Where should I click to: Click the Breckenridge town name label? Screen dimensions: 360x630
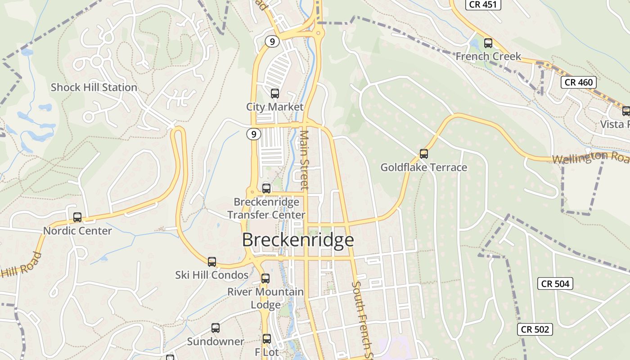[298, 240]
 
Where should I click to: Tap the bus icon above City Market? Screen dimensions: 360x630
[274, 94]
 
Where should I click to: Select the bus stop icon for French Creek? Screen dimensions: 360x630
[488, 43]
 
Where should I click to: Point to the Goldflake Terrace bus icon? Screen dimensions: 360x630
[423, 154]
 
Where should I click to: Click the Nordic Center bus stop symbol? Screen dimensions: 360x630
[77, 217]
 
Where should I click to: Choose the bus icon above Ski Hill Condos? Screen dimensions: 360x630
[211, 261]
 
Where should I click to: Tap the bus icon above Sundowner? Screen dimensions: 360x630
[216, 328]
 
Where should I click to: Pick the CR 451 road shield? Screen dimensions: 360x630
[483, 4]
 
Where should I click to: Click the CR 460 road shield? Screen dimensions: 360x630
[579, 82]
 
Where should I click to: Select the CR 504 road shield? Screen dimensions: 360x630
[555, 283]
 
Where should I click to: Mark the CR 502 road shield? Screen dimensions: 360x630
[535, 329]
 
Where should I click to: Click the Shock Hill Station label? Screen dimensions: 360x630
[94, 87]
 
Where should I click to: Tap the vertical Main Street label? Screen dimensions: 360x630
[305, 160]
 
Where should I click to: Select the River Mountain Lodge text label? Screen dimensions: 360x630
[265, 298]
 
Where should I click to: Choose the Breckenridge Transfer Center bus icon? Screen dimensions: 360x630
[266, 188]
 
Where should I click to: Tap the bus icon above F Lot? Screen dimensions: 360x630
[267, 339]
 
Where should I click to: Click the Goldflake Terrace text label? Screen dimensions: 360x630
[423, 167]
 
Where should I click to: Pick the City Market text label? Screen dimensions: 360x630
[274, 107]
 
